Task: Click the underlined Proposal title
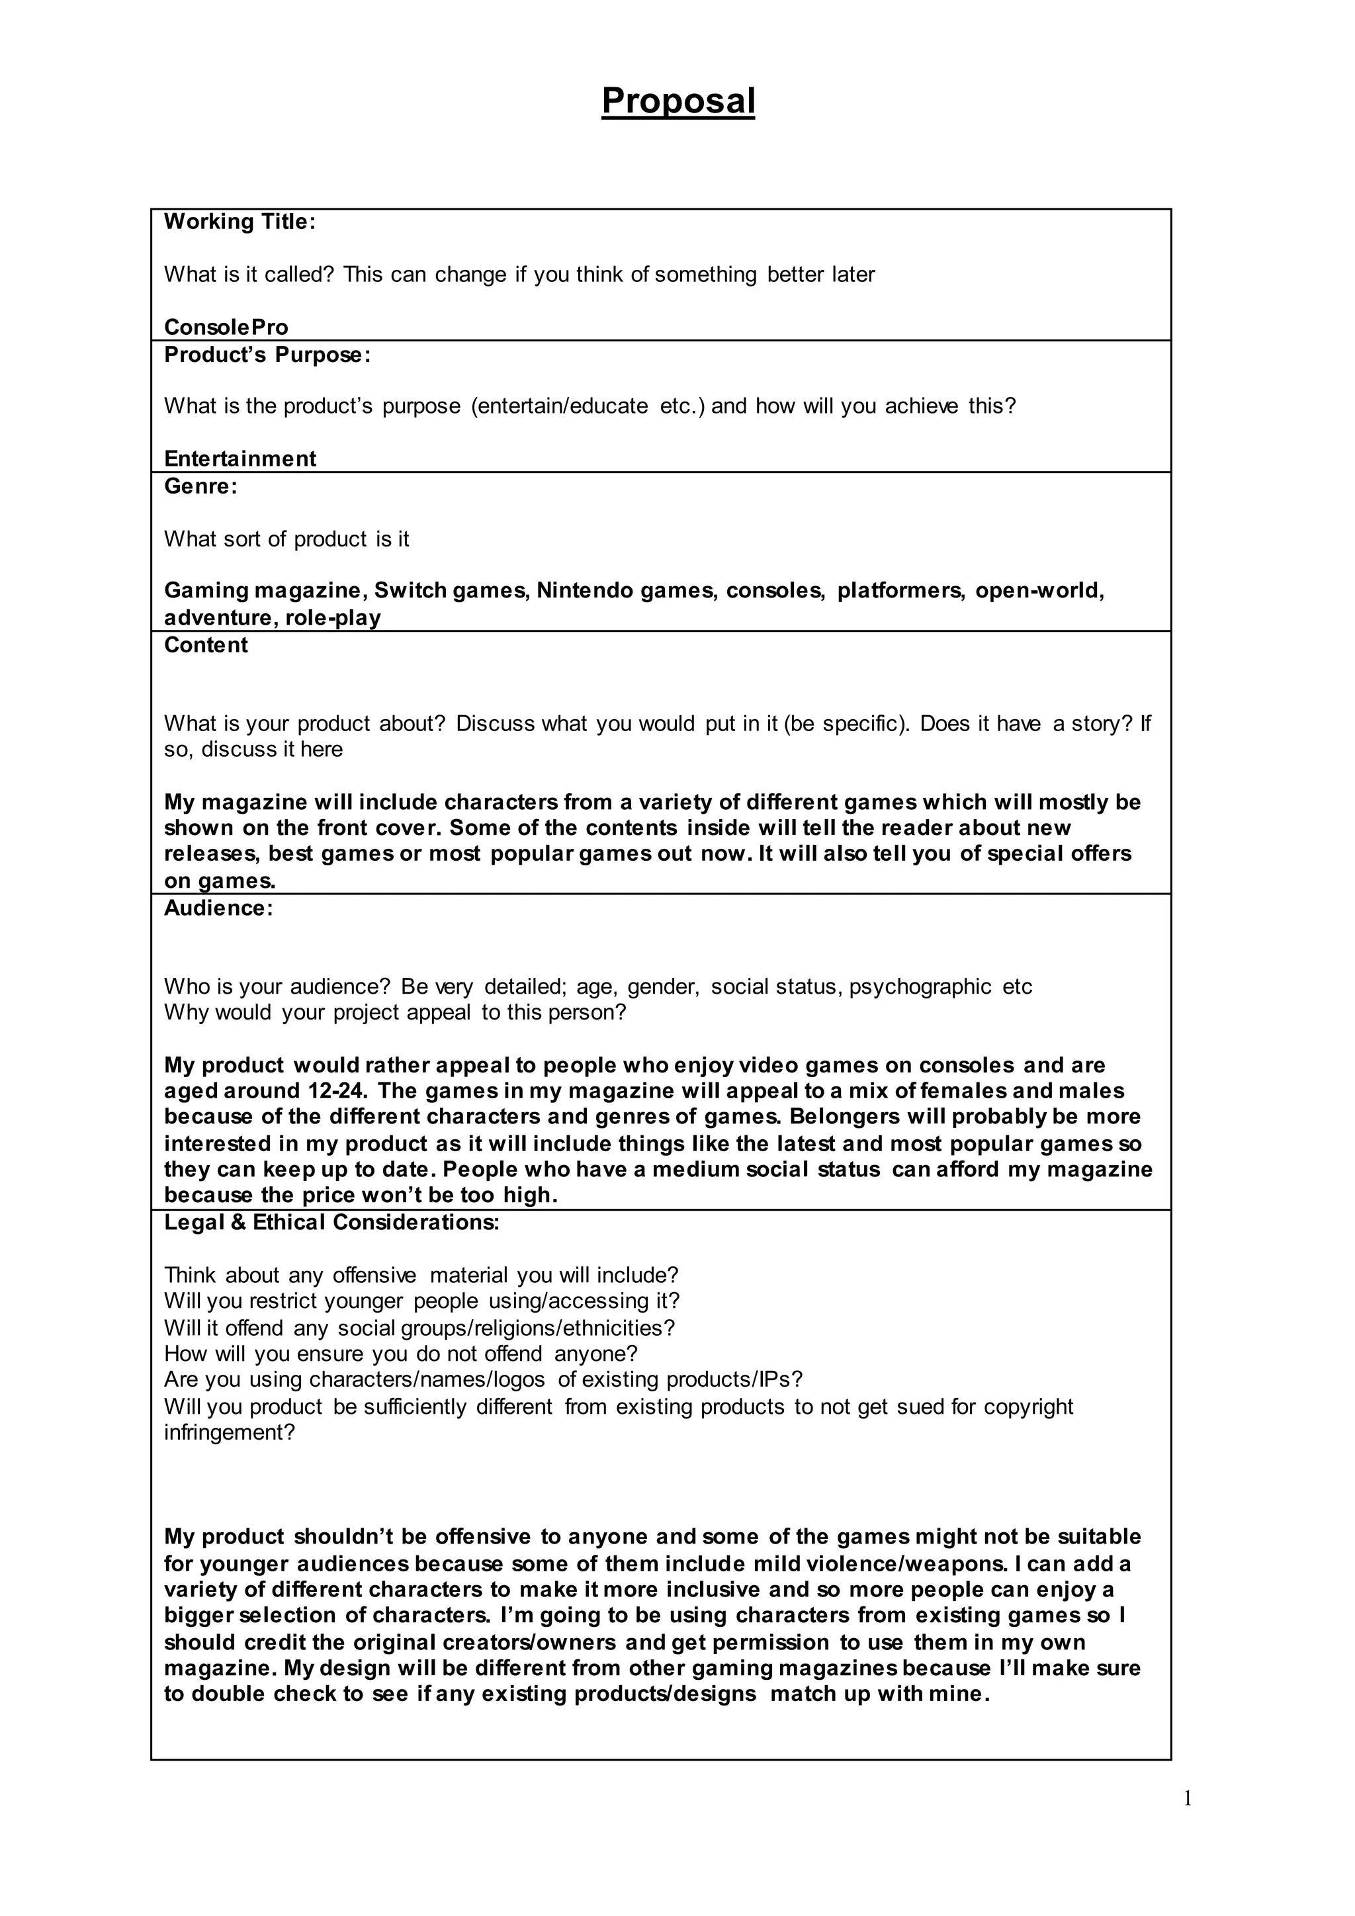coord(677,101)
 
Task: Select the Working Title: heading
coord(240,222)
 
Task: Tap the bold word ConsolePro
coord(226,327)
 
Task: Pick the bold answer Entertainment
coord(240,459)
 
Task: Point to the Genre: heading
coord(201,486)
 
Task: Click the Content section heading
coord(206,645)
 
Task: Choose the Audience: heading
coord(218,908)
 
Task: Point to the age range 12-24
coord(337,1092)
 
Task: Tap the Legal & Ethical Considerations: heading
coord(331,1223)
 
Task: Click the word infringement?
coord(230,1434)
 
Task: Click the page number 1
coord(1188,1799)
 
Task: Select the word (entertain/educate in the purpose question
coord(559,406)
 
